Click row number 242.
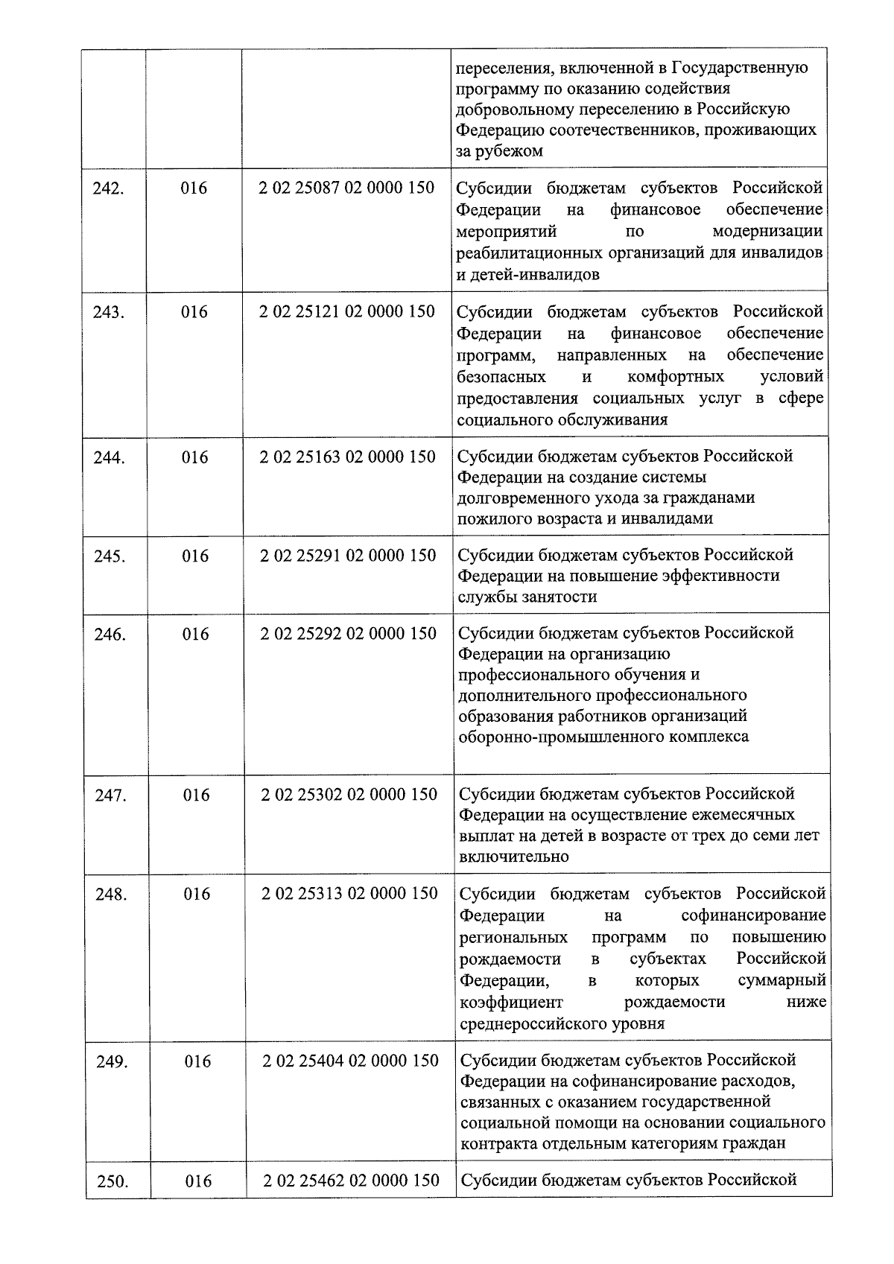tap(109, 188)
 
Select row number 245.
tap(110, 556)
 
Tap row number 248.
tap(111, 895)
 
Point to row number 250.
tap(112, 1181)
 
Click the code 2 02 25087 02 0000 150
tap(346, 188)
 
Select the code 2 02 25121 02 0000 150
tap(347, 311)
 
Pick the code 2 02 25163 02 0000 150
tap(347, 457)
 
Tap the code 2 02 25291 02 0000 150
tap(348, 556)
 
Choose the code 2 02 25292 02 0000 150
tap(348, 634)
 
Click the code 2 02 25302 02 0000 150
tap(349, 795)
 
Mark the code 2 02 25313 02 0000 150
tap(349, 894)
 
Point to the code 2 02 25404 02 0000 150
tap(350, 1061)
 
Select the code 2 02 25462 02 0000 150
tap(351, 1181)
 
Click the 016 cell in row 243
tap(194, 312)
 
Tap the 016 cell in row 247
tap(197, 795)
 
